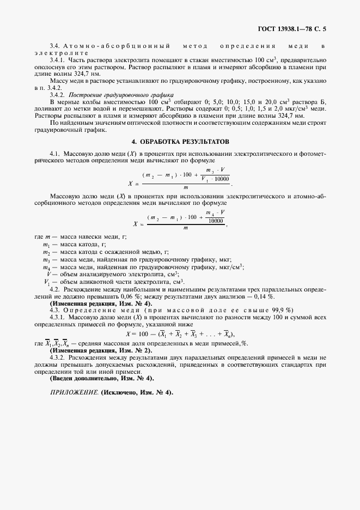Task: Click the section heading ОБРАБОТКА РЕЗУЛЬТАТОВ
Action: point(180,142)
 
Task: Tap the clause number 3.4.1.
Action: point(57,59)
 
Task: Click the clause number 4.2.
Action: point(55,288)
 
